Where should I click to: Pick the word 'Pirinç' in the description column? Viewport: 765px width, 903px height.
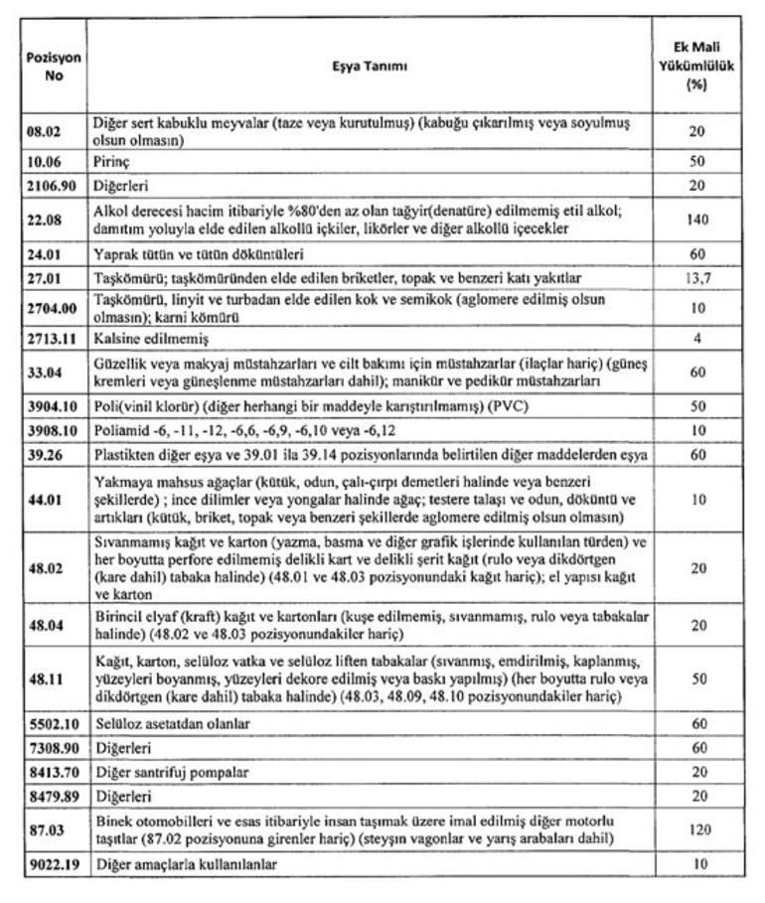114,160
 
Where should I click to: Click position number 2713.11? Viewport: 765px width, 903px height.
52,338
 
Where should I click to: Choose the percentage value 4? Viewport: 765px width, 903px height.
698,338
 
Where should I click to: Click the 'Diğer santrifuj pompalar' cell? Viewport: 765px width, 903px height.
170,771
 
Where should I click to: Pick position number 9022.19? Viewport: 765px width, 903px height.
52,863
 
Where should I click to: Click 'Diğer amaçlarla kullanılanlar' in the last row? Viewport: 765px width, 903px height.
186,864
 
